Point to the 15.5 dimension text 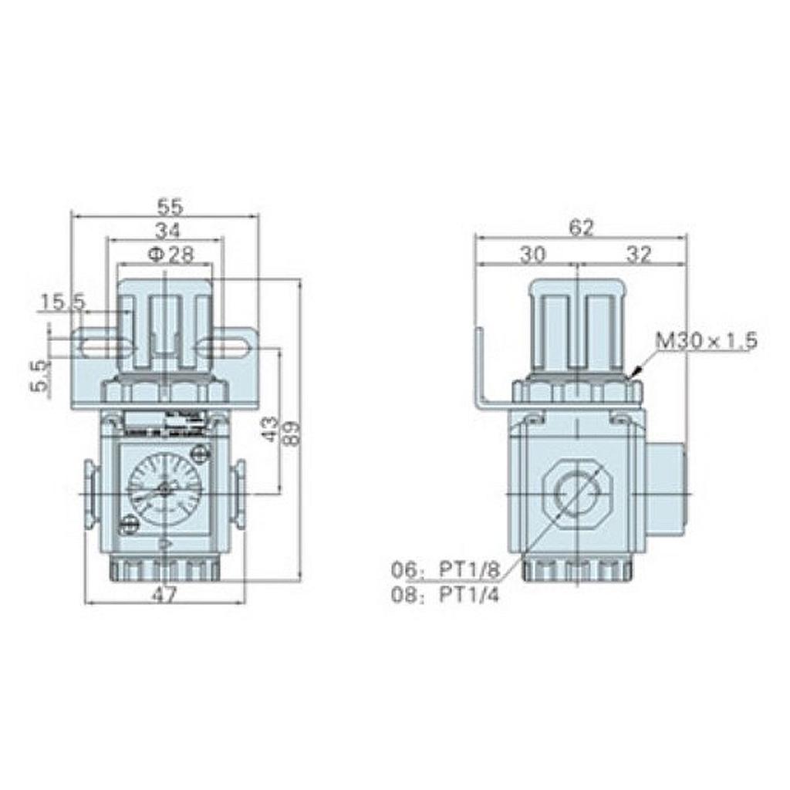pyautogui.click(x=62, y=302)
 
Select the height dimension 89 pyautogui.click(x=291, y=430)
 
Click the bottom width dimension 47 pyautogui.click(x=164, y=593)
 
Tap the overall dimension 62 pyautogui.click(x=581, y=228)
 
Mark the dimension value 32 pyautogui.click(x=638, y=255)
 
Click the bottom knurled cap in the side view pyautogui.click(x=577, y=569)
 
